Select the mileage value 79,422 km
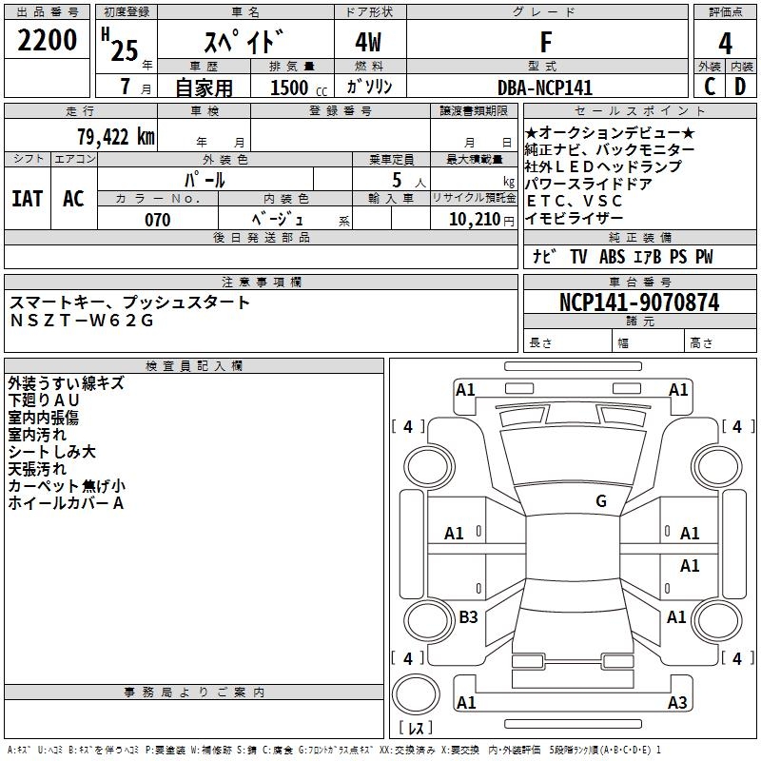tap(115, 137)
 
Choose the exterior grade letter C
tap(709, 87)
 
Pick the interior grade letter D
tap(740, 87)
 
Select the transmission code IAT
tap(28, 199)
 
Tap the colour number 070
tap(158, 220)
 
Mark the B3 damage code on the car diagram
tap(468, 617)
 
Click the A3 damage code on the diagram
tap(676, 703)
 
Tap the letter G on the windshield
tap(601, 501)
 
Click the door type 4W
tap(370, 42)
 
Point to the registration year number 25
tap(125, 49)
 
